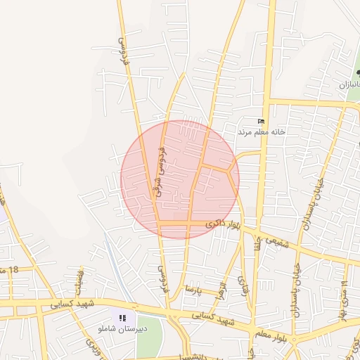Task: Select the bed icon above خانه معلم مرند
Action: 262,122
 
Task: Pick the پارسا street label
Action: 193,289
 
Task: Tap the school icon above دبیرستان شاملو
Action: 122,319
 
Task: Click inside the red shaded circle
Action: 180,179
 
